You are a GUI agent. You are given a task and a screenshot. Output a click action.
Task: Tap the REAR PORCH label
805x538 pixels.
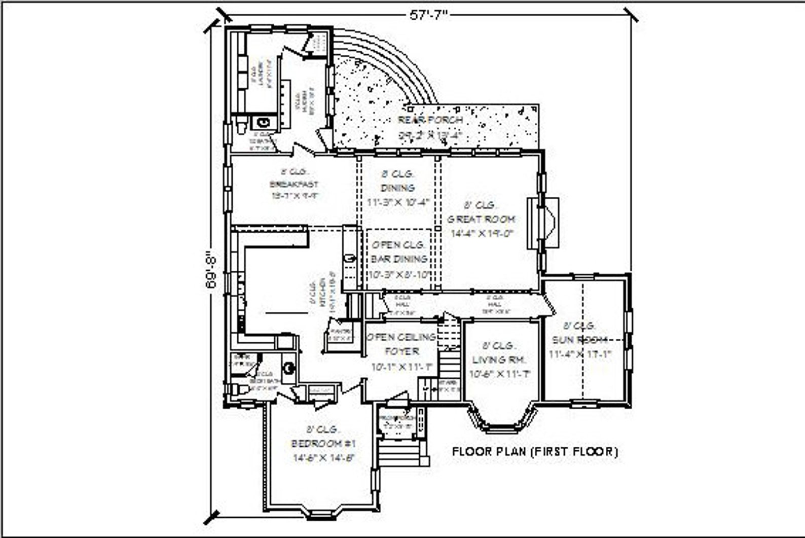[x=430, y=120]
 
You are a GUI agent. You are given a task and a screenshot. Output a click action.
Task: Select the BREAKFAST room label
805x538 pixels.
[x=294, y=184]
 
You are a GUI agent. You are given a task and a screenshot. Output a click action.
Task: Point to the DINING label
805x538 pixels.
[x=398, y=188]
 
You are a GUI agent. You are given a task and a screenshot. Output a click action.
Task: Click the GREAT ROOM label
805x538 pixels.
[x=481, y=219]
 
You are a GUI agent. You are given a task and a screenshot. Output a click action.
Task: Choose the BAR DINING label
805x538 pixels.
[x=399, y=259]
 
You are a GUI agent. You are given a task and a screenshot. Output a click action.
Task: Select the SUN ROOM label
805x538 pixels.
[x=580, y=340]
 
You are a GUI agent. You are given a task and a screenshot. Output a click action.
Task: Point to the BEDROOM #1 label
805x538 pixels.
[x=323, y=444]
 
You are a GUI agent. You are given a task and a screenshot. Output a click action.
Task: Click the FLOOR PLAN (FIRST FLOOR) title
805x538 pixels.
[x=535, y=451]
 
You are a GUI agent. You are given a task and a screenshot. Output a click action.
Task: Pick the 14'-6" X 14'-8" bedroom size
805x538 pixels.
[x=323, y=458]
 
